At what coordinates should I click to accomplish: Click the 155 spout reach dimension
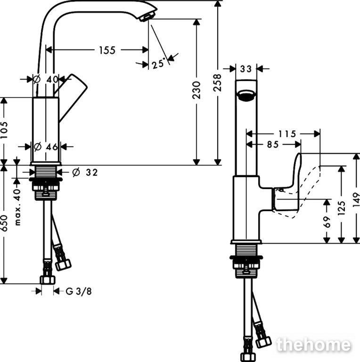[107, 50]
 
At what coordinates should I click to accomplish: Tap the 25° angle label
[159, 63]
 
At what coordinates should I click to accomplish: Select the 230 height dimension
[196, 90]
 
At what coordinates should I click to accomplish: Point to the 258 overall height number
[217, 82]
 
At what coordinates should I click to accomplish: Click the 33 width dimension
[246, 69]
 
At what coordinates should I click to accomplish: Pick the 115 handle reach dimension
[287, 134]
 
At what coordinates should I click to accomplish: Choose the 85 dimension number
[273, 145]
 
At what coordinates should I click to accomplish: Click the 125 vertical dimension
[342, 208]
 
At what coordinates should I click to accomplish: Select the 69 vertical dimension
[327, 222]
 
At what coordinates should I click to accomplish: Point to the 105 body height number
[4, 130]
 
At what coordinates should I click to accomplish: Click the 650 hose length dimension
[4, 223]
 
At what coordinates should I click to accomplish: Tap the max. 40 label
[17, 207]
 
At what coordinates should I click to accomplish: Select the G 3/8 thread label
[79, 291]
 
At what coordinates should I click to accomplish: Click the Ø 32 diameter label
[85, 172]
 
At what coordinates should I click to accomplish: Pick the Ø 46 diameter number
[46, 147]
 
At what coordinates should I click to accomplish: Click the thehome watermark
[314, 345]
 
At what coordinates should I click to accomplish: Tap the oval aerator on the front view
[246, 95]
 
